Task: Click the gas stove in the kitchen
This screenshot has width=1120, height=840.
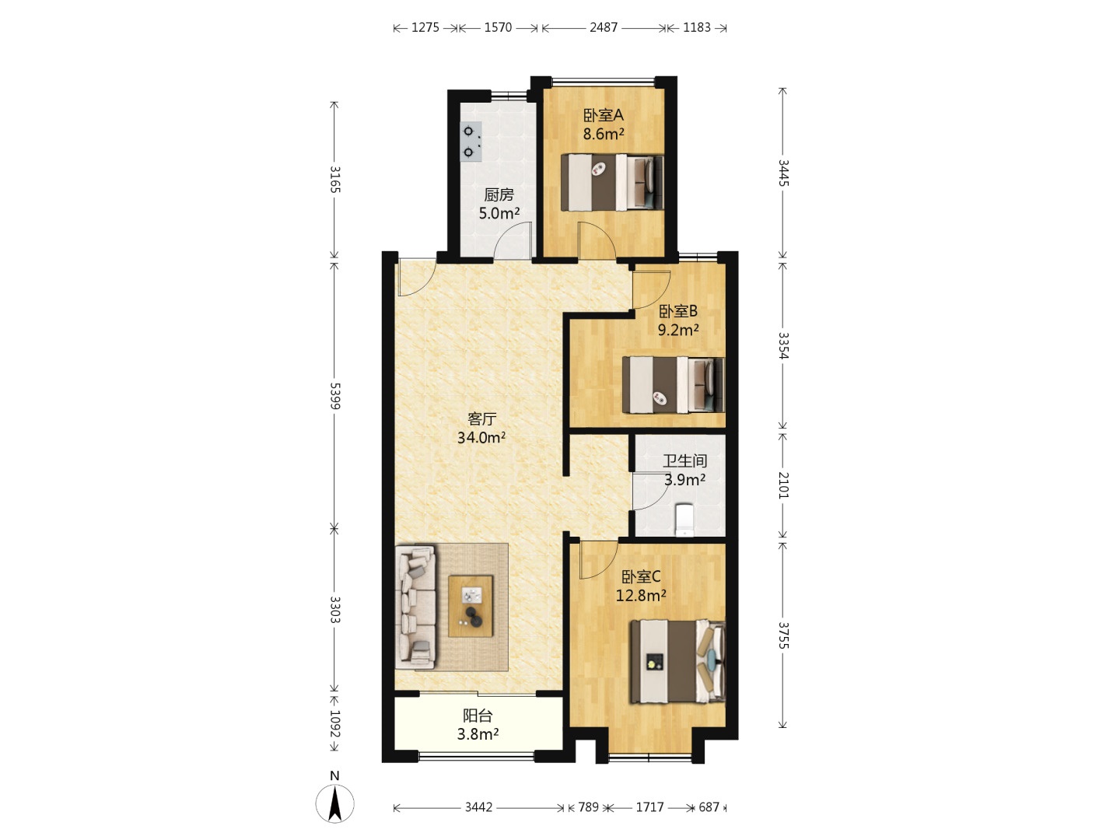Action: pos(471,142)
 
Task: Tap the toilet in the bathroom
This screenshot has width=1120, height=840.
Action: pos(684,520)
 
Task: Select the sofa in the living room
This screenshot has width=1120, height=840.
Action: pos(415,607)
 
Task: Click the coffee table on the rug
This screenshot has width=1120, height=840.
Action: pos(471,606)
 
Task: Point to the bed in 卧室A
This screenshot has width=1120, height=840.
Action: pos(612,183)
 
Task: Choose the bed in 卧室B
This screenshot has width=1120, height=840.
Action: pos(673,385)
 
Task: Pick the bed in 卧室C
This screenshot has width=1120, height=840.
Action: pos(678,661)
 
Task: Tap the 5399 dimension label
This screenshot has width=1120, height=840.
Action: pos(334,396)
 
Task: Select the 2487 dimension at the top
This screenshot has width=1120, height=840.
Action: pos(604,27)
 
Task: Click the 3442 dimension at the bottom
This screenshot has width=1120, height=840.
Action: pos(478,807)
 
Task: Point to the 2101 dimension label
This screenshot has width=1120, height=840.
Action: pos(784,485)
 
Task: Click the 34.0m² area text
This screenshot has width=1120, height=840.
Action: pos(481,438)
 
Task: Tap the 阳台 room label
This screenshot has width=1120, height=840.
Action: pos(478,716)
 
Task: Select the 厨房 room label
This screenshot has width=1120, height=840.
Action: pos(499,194)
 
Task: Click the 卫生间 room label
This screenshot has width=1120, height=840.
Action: pos(684,460)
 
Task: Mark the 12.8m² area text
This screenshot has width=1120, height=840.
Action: pos(641,595)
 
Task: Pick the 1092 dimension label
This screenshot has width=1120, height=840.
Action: pos(334,723)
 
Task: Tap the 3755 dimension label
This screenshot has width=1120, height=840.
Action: pos(784,635)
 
